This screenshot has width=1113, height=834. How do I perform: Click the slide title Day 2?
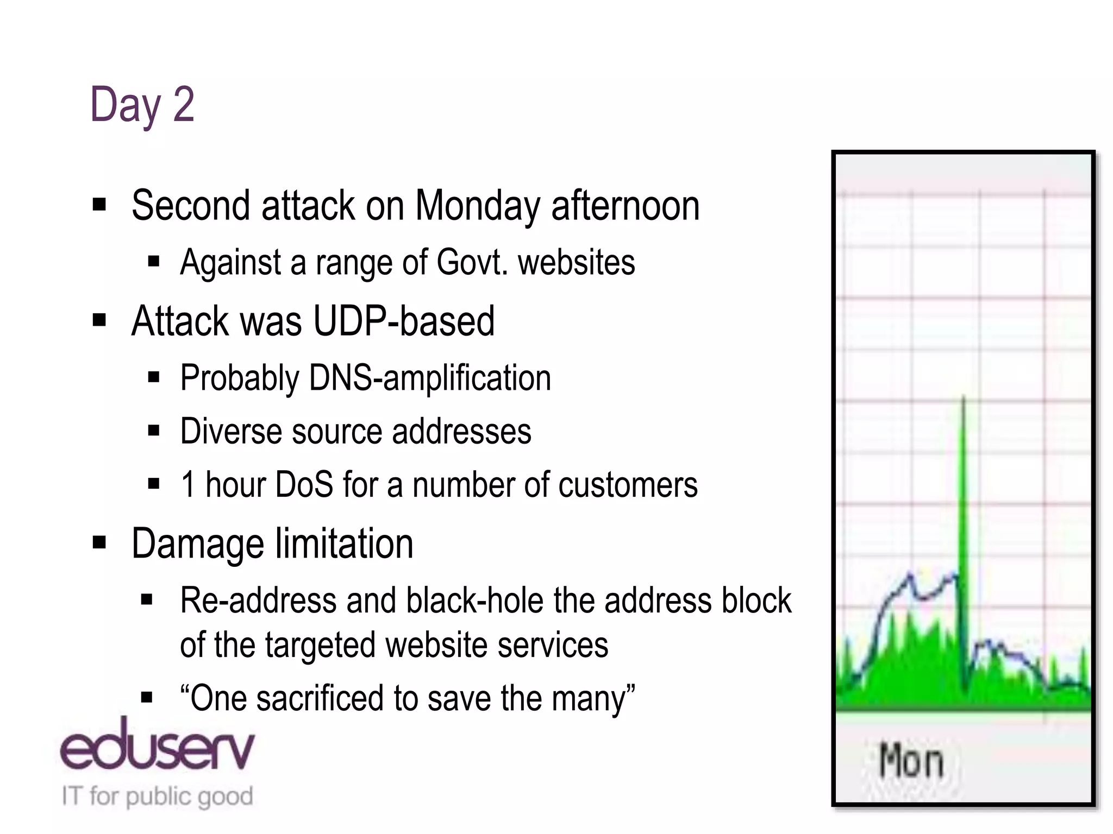(142, 105)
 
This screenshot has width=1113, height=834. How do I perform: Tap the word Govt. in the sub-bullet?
(472, 263)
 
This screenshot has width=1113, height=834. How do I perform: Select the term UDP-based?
(404, 321)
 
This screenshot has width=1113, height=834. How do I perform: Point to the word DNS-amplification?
(429, 378)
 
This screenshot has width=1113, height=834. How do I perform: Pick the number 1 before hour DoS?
(188, 484)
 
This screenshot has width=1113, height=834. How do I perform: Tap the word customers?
(628, 484)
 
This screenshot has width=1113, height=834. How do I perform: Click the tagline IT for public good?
(157, 796)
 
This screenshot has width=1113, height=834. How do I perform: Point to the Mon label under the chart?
(911, 761)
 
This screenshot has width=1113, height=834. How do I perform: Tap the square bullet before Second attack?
(99, 205)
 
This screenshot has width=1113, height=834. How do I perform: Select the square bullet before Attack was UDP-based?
(99, 320)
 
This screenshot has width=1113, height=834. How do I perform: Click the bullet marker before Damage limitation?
(99, 542)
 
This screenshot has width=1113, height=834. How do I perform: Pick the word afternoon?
(625, 206)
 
